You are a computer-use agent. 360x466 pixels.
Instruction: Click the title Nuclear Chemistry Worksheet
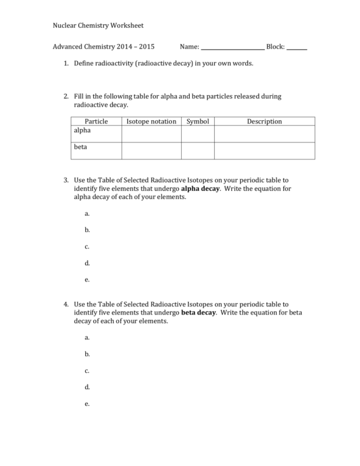click(98, 25)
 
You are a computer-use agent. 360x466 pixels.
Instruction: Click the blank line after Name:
click(232, 48)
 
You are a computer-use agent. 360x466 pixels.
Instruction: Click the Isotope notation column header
click(151, 122)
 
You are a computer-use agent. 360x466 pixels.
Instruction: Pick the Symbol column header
click(198, 122)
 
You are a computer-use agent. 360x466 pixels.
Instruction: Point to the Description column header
click(264, 122)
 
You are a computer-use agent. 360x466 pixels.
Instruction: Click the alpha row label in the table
click(82, 130)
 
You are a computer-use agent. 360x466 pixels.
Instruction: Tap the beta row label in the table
click(81, 147)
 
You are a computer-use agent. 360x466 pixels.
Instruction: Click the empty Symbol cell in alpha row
click(198, 134)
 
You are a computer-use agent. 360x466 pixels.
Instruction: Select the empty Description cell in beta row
click(264, 150)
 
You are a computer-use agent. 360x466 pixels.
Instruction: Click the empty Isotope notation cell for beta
click(151, 150)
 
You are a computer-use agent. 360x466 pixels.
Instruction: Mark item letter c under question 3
click(87, 247)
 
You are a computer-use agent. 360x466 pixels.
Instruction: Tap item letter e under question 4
click(87, 404)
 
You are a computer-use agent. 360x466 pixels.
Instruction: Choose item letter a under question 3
click(87, 214)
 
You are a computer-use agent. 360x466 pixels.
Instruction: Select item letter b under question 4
click(87, 354)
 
